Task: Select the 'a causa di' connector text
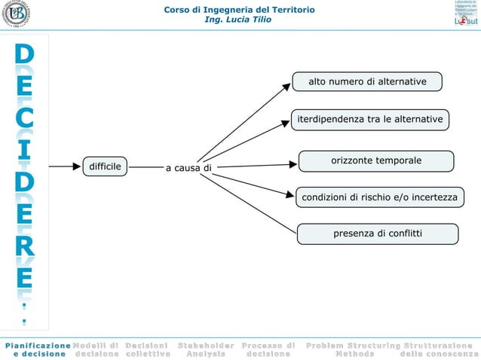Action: click(188, 167)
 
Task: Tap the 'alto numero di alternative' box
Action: click(367, 81)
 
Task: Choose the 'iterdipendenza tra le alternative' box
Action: click(370, 120)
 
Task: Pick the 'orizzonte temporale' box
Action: click(376, 160)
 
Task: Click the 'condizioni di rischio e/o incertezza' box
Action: click(379, 197)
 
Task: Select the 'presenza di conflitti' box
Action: click(378, 233)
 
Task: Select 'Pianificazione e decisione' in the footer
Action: click(35, 349)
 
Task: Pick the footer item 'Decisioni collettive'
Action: click(148, 349)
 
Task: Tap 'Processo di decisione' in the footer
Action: click(268, 349)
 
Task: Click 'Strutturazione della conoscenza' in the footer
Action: click(441, 349)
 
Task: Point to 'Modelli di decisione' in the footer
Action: click(96, 349)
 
